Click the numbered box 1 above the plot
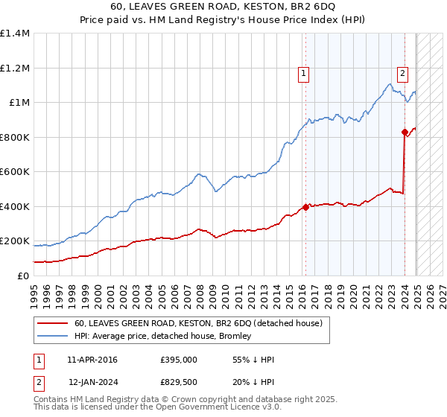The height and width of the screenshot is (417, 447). [x=304, y=73]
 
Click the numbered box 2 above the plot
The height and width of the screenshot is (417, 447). [x=402, y=73]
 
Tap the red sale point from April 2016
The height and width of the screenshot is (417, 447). [x=305, y=208]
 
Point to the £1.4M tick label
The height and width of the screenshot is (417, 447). [x=15, y=34]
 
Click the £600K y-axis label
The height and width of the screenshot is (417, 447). [x=15, y=172]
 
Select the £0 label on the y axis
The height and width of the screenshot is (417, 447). [x=23, y=276]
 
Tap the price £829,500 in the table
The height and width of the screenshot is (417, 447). [x=178, y=382]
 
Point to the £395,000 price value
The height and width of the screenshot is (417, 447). [x=178, y=360]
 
